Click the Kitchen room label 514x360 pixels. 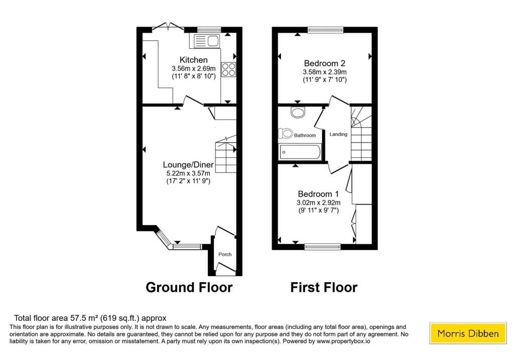193,60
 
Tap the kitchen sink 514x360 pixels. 205,41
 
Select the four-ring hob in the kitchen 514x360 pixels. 228,69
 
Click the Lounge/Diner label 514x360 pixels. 188,165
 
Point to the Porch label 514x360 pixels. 225,255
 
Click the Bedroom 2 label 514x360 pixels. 325,63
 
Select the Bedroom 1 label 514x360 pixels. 318,194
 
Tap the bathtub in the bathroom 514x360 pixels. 300,152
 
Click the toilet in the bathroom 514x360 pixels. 285,134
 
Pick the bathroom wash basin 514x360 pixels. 298,112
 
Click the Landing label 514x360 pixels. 338,134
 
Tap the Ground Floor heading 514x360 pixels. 189,287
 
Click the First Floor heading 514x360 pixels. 324,287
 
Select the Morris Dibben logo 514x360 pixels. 468,333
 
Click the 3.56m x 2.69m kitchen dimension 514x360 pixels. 194,68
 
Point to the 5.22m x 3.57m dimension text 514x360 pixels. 188,173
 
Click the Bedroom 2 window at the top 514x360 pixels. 325,30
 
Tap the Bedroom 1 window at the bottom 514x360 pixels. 323,247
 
